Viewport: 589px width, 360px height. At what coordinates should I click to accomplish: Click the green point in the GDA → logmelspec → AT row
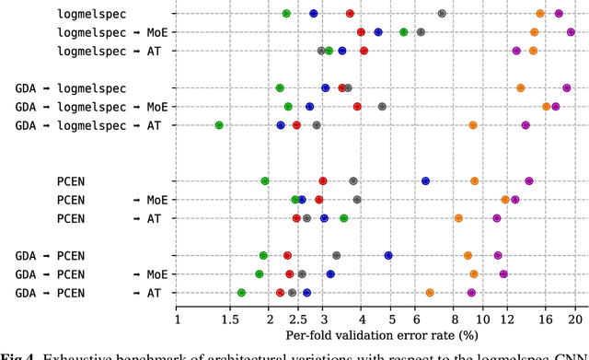pos(219,125)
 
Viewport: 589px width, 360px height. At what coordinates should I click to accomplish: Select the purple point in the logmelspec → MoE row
pos(571,32)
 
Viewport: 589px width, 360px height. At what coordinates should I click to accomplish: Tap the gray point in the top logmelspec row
pos(442,14)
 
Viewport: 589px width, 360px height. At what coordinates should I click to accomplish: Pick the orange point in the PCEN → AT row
pos(458,218)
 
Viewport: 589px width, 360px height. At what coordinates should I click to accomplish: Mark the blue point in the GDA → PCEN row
pos(388,255)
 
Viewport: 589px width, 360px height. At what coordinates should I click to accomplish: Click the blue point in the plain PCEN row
pos(425,181)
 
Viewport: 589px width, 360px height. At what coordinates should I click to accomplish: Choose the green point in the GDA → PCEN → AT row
pos(241,293)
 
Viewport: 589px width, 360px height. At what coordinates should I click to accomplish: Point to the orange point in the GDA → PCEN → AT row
pos(430,293)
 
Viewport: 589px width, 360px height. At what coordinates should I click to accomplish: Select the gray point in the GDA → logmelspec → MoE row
pos(382,107)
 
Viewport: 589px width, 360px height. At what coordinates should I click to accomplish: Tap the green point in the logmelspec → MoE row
pos(404,32)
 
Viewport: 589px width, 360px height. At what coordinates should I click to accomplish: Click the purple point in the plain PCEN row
pos(529,181)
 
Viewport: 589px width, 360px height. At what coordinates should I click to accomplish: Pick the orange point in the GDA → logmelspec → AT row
pos(473,125)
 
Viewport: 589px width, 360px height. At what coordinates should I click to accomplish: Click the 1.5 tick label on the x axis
pos(228,319)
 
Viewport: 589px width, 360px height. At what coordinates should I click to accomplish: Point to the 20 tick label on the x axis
pos(576,319)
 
